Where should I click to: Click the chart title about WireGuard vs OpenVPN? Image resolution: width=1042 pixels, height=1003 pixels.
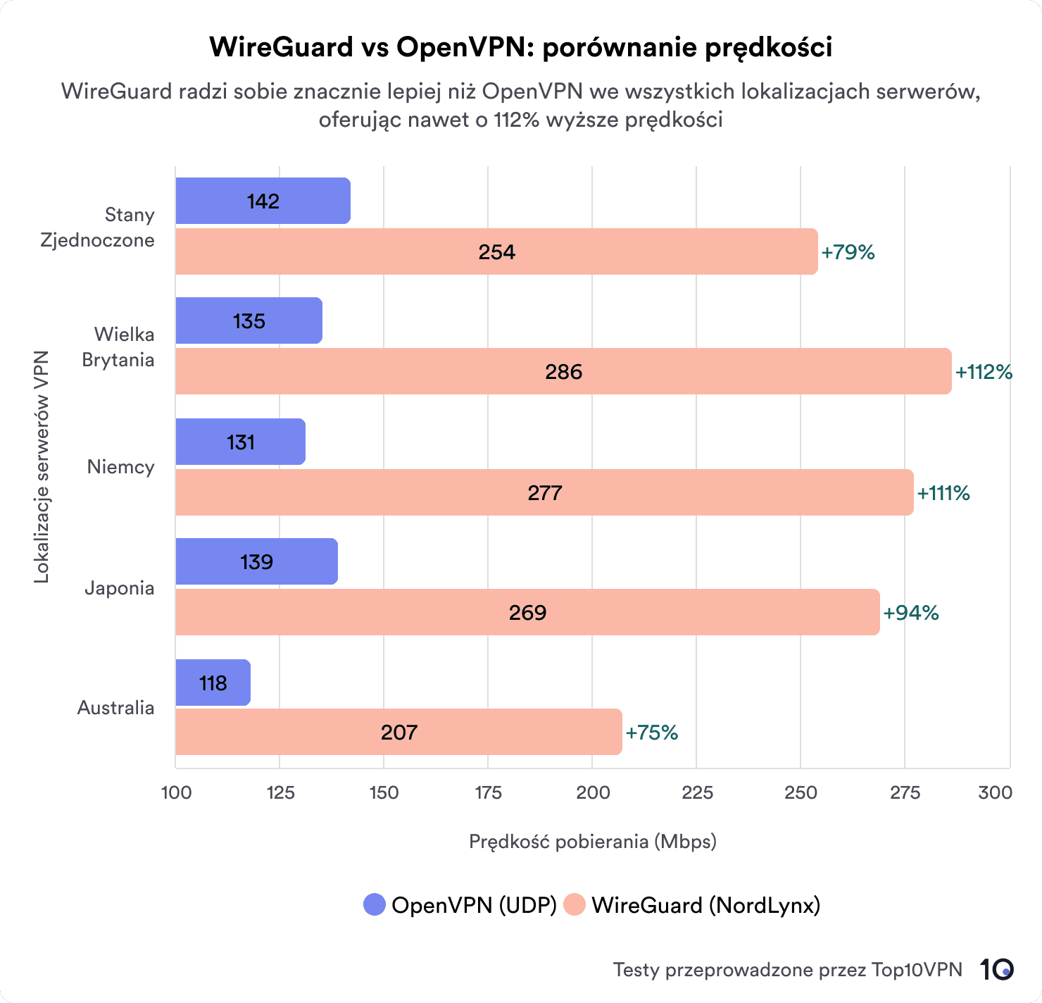[x=520, y=47]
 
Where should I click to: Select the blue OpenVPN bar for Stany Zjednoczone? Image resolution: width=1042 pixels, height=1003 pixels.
[x=263, y=201]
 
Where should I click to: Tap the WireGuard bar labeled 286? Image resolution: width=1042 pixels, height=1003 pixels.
[x=563, y=371]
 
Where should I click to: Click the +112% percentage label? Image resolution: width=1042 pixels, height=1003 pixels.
[x=984, y=372]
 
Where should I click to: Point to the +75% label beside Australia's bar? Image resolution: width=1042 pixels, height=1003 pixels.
[x=651, y=733]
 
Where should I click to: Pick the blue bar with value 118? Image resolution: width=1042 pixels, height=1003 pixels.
[x=213, y=683]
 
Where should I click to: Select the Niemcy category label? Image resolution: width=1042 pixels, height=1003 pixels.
[x=120, y=467]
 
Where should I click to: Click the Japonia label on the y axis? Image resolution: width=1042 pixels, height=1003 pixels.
[x=119, y=588]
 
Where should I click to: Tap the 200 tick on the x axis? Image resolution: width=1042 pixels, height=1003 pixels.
[x=592, y=792]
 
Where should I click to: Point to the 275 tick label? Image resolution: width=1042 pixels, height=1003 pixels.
[x=905, y=792]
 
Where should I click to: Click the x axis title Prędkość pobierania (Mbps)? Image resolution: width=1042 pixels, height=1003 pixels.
[x=592, y=842]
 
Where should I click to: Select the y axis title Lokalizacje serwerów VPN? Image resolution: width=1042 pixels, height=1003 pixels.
[x=42, y=467]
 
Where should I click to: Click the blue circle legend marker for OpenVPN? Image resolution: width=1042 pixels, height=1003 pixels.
[x=375, y=905]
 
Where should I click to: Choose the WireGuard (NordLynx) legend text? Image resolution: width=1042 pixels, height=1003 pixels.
[x=705, y=905]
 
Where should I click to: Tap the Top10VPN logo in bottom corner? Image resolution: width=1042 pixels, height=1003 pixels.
[x=996, y=970]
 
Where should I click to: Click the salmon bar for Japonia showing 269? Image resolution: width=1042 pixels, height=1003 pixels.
[x=527, y=612]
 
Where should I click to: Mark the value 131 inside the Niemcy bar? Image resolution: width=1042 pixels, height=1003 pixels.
[x=240, y=442]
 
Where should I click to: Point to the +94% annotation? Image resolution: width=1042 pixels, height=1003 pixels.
[x=911, y=613]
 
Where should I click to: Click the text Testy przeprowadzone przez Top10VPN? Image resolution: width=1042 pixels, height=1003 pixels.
[x=787, y=970]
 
